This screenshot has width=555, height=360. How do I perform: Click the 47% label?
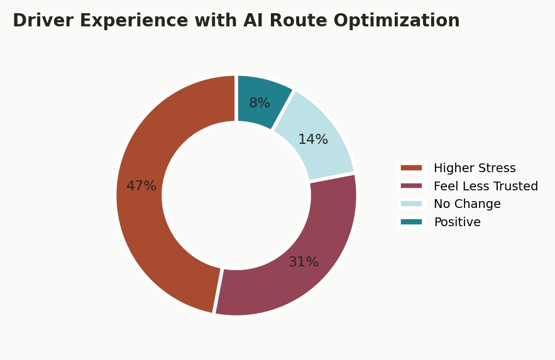tap(141, 186)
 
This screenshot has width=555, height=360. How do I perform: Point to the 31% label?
tap(304, 262)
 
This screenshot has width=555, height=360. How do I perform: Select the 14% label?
tap(313, 139)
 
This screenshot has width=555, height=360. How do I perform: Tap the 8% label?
tap(260, 103)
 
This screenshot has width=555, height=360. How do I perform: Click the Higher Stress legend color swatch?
tap(411, 168)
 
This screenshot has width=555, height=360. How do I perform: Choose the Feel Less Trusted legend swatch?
tap(411, 186)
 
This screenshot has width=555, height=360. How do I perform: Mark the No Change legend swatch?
tap(411, 204)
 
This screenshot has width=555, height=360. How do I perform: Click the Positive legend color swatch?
tap(411, 222)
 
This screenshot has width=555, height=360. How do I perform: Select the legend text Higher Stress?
tap(475, 168)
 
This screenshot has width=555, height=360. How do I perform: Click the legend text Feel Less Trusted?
tap(486, 186)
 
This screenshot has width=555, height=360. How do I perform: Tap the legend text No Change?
tap(467, 204)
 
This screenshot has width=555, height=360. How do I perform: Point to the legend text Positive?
tap(458, 222)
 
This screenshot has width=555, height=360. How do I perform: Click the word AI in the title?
tap(253, 20)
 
